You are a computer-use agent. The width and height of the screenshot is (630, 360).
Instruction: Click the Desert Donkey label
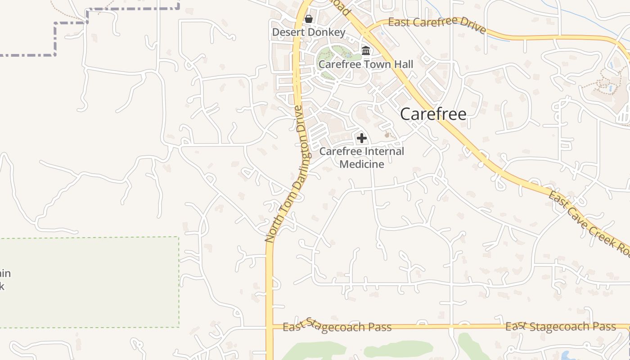309,32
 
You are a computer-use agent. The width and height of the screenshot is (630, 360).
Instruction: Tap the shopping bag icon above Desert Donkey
309,19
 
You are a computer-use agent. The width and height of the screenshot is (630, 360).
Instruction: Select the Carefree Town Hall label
365,64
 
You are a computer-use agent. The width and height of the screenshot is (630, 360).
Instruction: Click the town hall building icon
366,50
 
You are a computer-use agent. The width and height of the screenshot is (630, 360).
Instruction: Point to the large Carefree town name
433,114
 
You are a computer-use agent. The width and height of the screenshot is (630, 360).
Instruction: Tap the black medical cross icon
362,138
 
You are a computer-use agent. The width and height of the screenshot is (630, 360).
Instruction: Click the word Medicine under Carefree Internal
362,164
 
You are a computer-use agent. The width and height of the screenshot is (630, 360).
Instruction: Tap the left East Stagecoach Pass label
337,327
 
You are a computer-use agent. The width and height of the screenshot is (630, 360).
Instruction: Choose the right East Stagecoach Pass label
560,326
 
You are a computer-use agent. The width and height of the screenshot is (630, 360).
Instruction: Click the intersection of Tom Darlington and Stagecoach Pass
270,326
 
